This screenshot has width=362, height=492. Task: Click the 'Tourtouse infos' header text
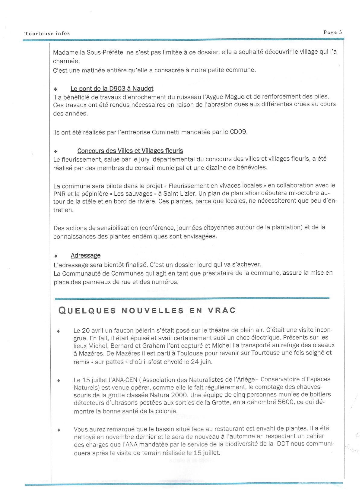[x=47, y=33]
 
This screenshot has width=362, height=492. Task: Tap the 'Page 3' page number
[x=333, y=33]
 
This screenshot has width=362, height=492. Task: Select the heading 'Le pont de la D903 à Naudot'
[x=112, y=89]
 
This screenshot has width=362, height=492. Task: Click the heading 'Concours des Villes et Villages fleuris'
[x=130, y=151]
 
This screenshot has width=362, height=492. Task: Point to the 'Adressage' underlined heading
[x=85, y=255]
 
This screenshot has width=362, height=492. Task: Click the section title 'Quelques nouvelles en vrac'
[x=147, y=311]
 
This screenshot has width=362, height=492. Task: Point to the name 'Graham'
[x=160, y=345]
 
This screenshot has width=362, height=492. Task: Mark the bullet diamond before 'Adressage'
[x=56, y=256]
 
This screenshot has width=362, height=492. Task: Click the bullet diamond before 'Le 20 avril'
[x=58, y=331]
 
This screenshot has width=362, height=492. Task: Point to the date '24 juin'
[x=202, y=362]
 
